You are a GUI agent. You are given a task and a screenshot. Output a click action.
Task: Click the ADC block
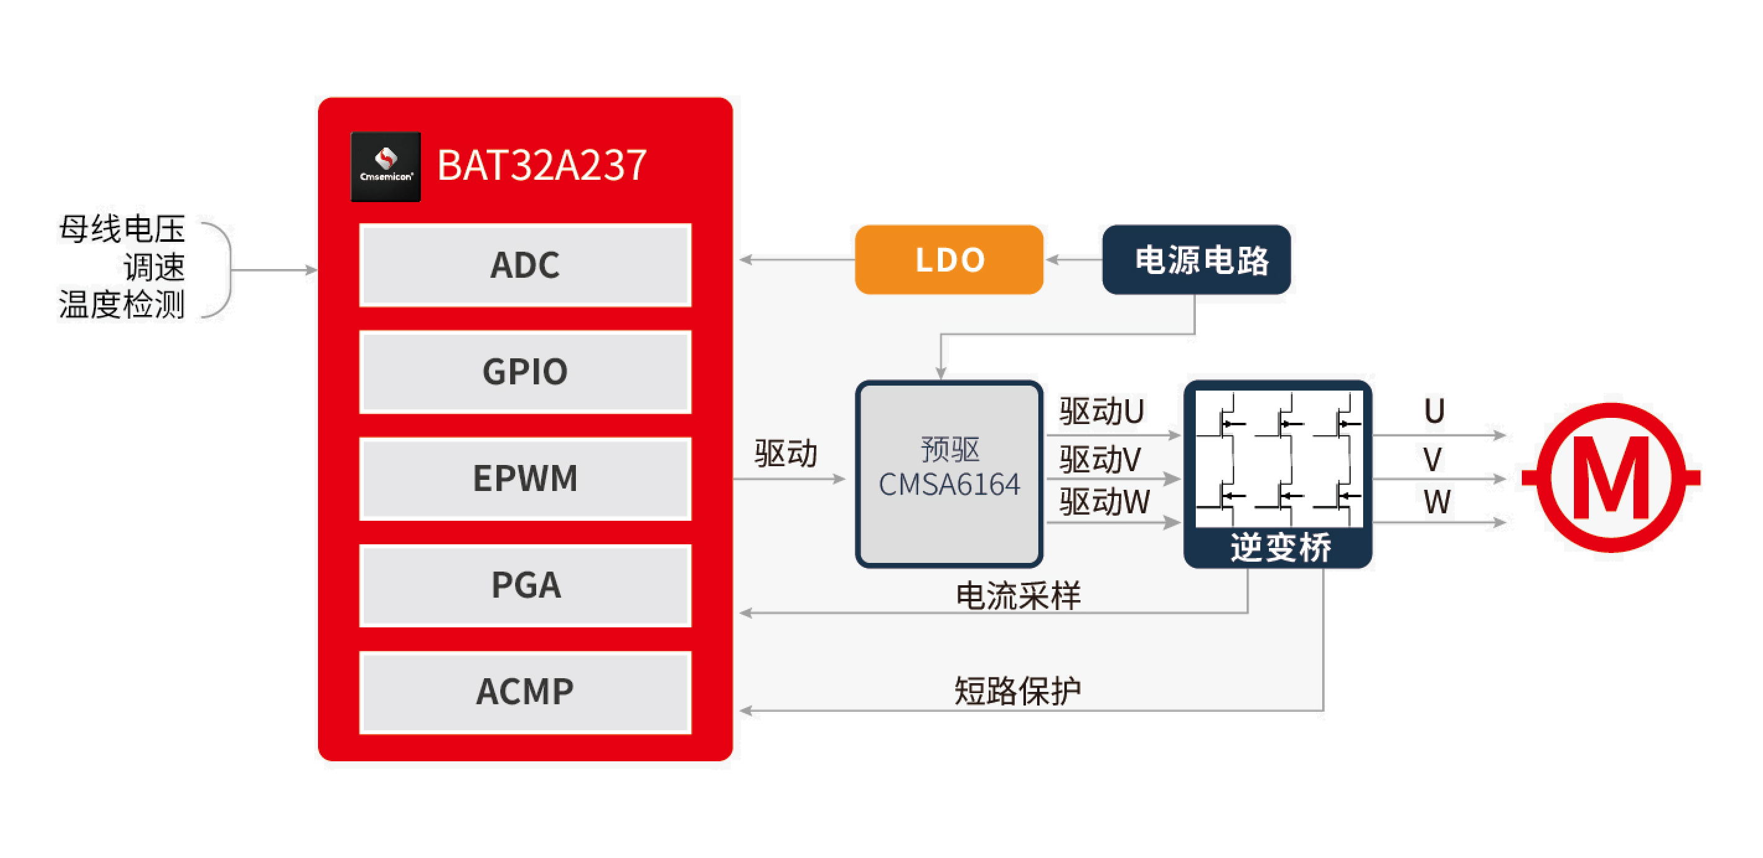[x=525, y=265]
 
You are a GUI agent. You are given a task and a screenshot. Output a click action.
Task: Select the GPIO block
[x=525, y=371]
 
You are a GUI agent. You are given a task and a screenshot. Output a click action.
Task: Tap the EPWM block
[x=525, y=478]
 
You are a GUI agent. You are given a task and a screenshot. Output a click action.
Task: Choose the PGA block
[x=525, y=585]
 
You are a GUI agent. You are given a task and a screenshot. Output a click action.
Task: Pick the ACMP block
[x=525, y=692]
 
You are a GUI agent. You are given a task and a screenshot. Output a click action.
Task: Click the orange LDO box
[x=949, y=259]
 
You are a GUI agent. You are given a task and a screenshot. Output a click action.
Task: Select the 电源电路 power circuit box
[x=1196, y=259]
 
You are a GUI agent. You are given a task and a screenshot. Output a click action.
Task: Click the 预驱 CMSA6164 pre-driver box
[x=949, y=474]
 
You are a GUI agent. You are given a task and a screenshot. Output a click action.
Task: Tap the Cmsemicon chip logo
[x=386, y=166]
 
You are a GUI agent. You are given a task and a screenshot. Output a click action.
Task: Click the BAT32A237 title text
[x=541, y=165]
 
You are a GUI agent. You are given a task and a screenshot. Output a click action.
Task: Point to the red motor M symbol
[x=1611, y=477]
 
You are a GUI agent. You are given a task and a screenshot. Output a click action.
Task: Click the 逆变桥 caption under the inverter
[x=1281, y=547]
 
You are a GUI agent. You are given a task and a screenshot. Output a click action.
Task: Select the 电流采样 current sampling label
[x=1018, y=596]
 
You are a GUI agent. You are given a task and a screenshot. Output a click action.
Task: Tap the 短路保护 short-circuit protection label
[x=1018, y=691]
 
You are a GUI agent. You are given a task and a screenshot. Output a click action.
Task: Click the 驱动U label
[x=1101, y=411]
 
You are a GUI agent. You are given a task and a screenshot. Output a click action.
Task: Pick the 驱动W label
[x=1105, y=502]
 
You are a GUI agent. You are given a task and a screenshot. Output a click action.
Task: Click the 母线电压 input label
[x=122, y=229]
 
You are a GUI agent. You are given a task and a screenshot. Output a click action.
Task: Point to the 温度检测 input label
[x=122, y=304]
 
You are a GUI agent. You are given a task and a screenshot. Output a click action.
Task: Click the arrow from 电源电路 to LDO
[x=1074, y=259]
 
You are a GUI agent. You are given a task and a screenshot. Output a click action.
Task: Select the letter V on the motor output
[x=1433, y=459]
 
